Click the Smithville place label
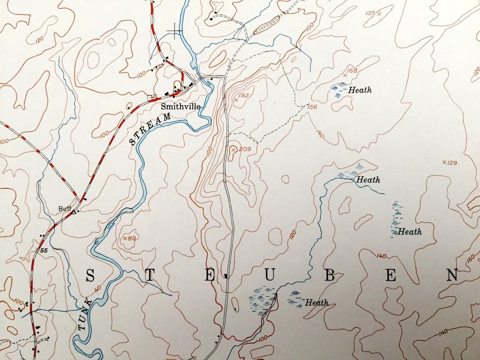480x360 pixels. (x=180, y=107)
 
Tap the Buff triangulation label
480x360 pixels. (x=65, y=209)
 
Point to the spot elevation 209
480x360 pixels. (x=240, y=149)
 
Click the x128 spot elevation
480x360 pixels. (x=450, y=162)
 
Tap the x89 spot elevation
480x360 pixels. (x=130, y=238)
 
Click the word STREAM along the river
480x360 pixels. (x=150, y=129)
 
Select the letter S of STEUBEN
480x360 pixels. (x=90, y=275)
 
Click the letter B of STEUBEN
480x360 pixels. (x=330, y=276)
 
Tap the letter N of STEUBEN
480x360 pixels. (x=452, y=275)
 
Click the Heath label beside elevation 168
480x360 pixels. (x=360, y=90)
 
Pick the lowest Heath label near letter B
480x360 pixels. (x=317, y=303)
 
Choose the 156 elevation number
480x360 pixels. (x=312, y=107)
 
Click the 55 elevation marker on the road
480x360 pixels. (x=44, y=250)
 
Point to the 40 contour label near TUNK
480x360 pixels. (x=97, y=289)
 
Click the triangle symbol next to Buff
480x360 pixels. (x=74, y=212)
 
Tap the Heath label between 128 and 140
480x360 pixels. (x=410, y=231)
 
